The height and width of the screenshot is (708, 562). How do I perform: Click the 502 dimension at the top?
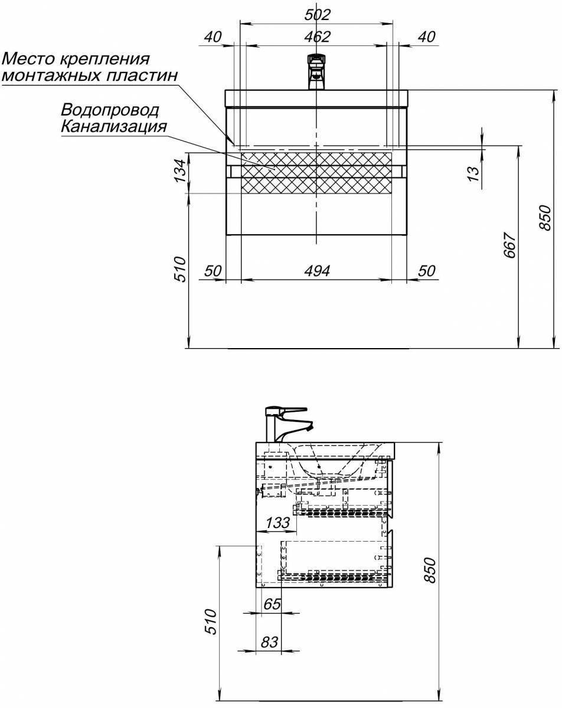(317, 15)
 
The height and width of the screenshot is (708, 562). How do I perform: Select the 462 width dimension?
(317, 37)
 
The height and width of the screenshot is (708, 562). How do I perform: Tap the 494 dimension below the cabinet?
(317, 271)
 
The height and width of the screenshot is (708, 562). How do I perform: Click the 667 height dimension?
(509, 245)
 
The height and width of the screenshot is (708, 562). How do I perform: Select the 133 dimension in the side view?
(277, 522)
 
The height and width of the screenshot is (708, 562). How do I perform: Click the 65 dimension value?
(272, 604)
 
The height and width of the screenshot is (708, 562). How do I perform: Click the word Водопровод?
(110, 110)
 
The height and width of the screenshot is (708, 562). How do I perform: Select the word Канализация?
(114, 126)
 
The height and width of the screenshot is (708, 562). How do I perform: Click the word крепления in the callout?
(105, 60)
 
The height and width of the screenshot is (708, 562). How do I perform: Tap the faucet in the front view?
(317, 72)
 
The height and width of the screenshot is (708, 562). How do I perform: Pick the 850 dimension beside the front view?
(545, 218)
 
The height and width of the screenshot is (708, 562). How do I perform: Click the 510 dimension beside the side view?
(210, 621)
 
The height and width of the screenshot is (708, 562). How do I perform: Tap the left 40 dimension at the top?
(213, 37)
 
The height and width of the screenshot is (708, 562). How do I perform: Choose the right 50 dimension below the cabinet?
(427, 271)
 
